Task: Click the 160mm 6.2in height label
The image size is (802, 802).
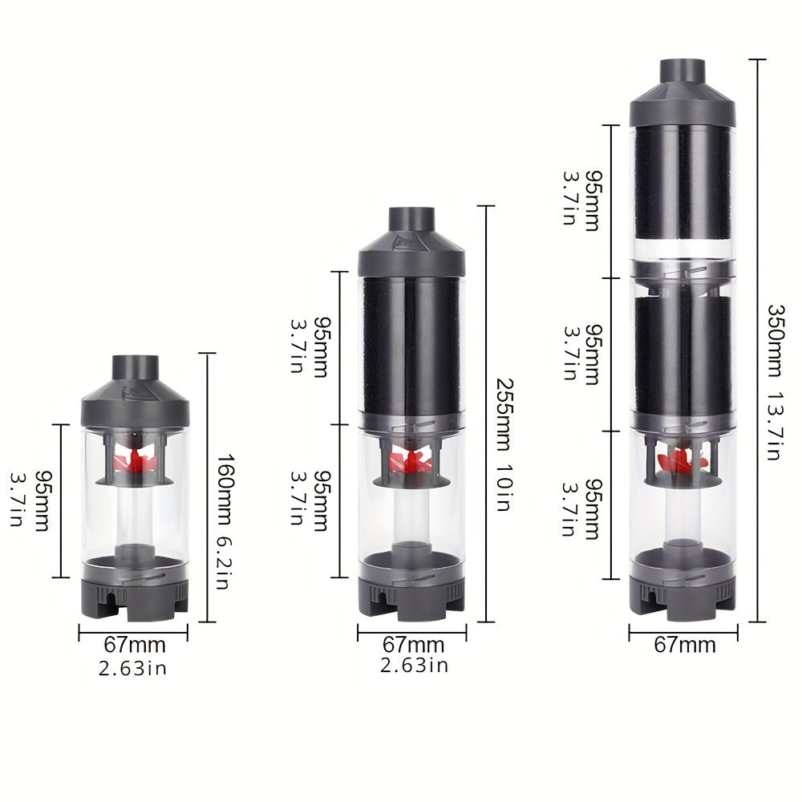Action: (225, 521)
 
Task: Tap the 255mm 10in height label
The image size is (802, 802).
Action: (504, 445)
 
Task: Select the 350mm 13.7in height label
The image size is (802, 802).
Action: (775, 383)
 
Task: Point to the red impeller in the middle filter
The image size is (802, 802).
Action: (411, 461)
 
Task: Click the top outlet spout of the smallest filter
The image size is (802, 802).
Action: (136, 368)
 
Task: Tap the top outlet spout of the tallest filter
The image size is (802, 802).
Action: (683, 71)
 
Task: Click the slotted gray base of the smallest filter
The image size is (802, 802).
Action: (136, 598)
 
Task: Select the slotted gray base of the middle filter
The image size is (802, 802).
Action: (411, 598)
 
